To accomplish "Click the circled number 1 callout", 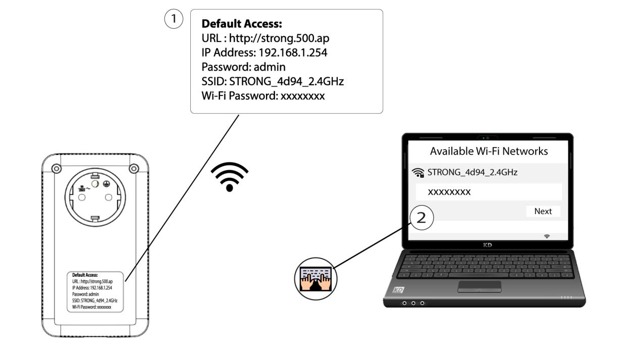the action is point(174,19).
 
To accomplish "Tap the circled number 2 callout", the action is point(422,218).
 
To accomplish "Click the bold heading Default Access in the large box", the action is point(242,24).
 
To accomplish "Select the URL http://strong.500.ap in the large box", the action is point(279,38).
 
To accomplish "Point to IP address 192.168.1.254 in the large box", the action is point(293,53).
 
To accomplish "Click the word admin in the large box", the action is point(270,67).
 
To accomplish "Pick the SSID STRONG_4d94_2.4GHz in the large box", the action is point(286,81).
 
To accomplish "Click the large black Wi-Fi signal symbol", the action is point(230,177).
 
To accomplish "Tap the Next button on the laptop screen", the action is point(543,211).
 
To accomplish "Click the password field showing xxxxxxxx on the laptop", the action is point(489,192).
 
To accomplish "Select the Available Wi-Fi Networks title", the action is point(489,151).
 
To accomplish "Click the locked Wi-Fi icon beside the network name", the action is point(418,173).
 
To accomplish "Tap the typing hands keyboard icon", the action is point(316,279).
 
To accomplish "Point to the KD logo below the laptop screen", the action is point(488,245).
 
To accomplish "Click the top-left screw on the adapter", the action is point(57,169).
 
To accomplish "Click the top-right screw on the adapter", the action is point(134,169).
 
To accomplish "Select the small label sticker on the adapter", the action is point(95,292).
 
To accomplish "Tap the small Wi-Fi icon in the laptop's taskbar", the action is point(547,236).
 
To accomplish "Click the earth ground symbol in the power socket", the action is point(106,184).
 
